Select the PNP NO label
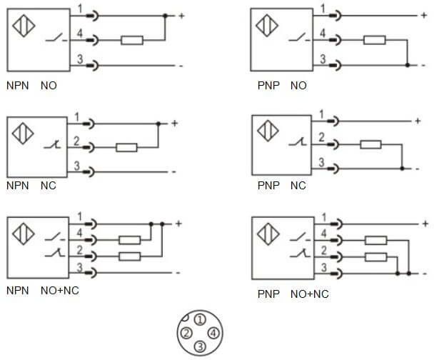coord(281,86)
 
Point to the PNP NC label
coord(281,186)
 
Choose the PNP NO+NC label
coord(293,294)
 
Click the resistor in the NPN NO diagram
coord(132,41)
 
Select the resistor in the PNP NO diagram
coord(374,41)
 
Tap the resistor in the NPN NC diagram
coord(126,148)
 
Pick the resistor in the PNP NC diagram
coord(370,145)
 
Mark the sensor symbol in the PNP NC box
coord(268,131)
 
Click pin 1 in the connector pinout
coord(201,320)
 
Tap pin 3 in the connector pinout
coord(201,346)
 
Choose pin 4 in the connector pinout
coord(214,333)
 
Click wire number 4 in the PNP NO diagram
coord(323,34)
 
